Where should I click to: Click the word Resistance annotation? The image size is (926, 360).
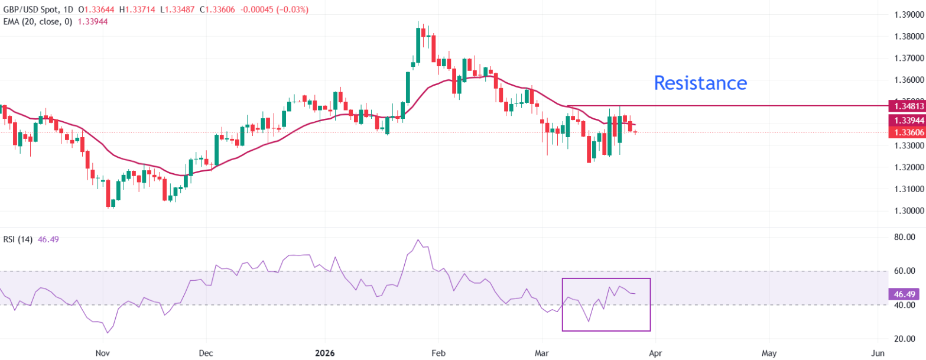pos(700,83)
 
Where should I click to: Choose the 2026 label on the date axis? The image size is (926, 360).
pos(325,353)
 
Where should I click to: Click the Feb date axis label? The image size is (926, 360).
pos(437,353)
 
